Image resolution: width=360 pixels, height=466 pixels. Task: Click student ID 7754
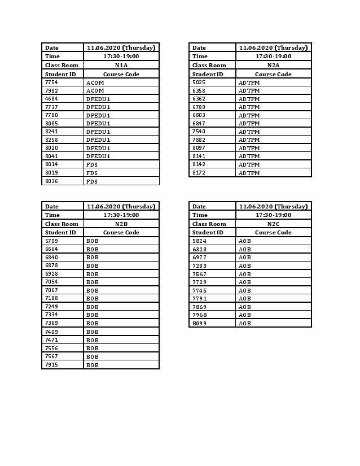tap(51, 82)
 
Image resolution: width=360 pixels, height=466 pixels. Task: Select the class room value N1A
tap(121, 65)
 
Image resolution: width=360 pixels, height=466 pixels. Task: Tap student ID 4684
tap(51, 99)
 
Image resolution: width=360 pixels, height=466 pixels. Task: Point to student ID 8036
tap(51, 181)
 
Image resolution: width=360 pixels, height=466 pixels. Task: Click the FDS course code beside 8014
tap(92, 165)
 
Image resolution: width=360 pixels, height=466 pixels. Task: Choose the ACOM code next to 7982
tap(95, 90)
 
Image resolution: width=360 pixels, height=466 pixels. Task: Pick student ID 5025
tap(199, 82)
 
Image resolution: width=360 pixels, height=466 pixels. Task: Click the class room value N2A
tap(273, 65)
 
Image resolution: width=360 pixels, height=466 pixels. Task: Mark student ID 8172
tap(199, 173)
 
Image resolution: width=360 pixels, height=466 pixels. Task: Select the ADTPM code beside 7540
tap(249, 132)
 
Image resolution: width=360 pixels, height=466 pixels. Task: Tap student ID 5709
tap(51, 241)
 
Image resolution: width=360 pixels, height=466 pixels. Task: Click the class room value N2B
tap(121, 224)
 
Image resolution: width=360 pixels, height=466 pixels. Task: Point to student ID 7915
tap(51, 365)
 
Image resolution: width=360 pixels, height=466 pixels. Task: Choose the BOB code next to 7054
tap(93, 282)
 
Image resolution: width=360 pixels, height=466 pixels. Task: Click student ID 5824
tap(199, 241)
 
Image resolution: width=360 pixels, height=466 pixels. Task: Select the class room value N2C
tap(273, 224)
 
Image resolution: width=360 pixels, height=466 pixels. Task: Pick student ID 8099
tap(199, 324)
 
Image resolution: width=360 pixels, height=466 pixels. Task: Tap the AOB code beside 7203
tap(244, 265)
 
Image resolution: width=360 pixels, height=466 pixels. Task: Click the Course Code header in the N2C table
tap(273, 232)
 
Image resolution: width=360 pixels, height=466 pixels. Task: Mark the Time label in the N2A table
tap(200, 56)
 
